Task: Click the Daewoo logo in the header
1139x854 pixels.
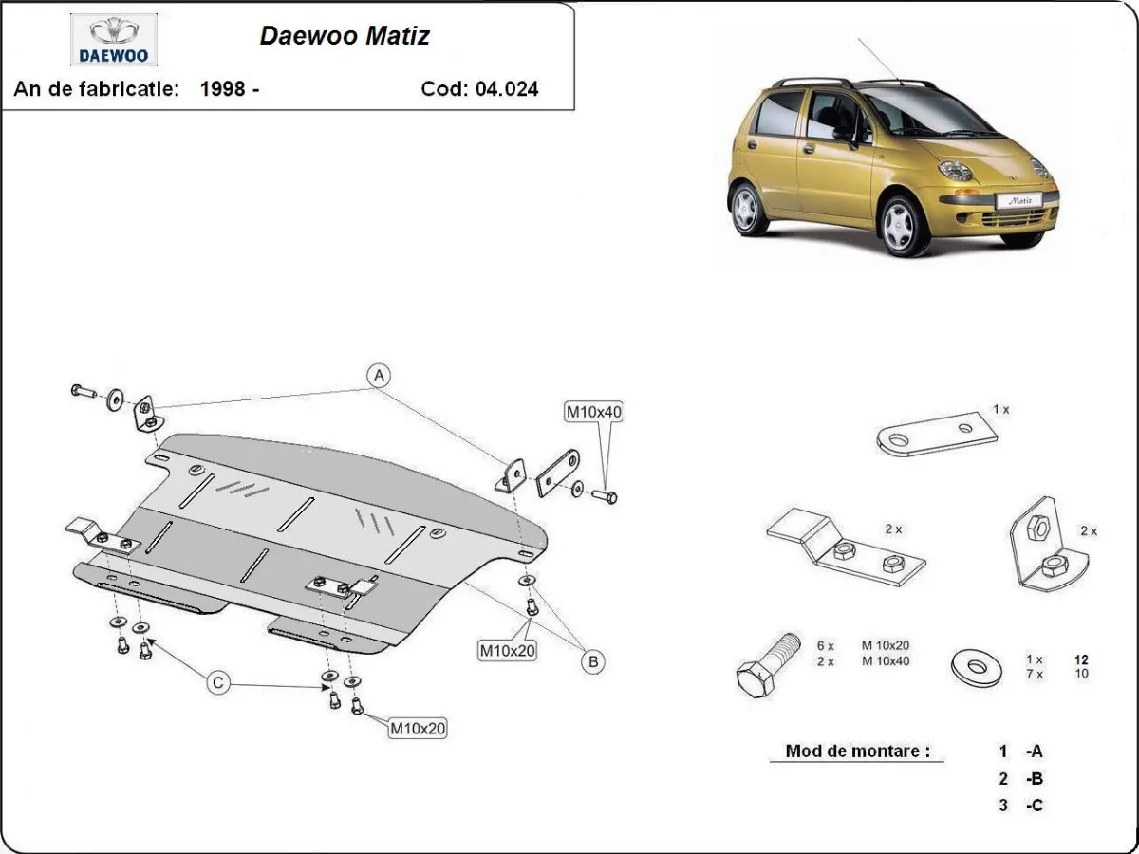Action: [x=114, y=40]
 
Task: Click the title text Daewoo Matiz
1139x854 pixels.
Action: [x=345, y=37]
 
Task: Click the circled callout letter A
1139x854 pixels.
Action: [x=379, y=376]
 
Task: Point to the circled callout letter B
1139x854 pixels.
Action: [x=592, y=661]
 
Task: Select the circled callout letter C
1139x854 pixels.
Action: [x=219, y=681]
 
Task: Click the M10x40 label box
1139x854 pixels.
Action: [x=593, y=412]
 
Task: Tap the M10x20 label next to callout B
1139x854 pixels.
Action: [x=506, y=650]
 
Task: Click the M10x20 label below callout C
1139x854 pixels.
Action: [x=417, y=729]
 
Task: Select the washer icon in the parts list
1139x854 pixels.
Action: [x=977, y=667]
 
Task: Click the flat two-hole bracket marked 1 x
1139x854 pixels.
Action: [x=935, y=435]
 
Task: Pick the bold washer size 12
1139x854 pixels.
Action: [x=1080, y=659]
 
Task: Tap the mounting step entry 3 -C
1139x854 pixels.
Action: [x=1020, y=806]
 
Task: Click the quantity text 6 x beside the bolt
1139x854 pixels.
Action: [x=825, y=646]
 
